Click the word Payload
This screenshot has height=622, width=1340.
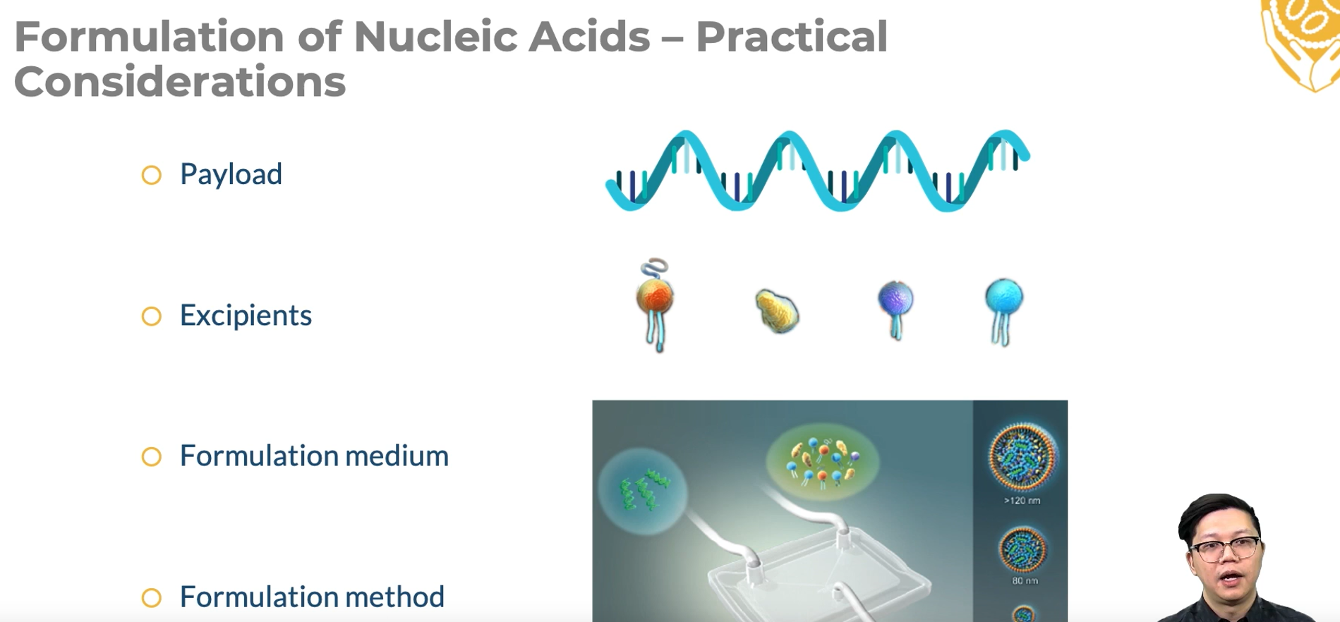(231, 175)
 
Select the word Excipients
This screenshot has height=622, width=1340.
(246, 315)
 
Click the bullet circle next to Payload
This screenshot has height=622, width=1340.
(152, 175)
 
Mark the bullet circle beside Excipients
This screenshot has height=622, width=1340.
(152, 316)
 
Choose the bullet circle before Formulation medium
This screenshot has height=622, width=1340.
(152, 457)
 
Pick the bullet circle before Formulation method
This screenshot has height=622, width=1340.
(152, 598)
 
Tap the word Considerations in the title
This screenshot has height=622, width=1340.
(180, 81)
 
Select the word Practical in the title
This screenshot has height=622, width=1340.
(792, 37)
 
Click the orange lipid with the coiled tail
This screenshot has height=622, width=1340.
(655, 304)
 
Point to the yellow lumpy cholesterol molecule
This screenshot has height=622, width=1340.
(777, 310)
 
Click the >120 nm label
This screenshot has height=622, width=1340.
(1022, 501)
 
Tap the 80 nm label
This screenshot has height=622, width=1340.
(1025, 581)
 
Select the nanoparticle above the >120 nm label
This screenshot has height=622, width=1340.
(1022, 456)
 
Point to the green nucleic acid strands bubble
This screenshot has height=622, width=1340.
(642, 491)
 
